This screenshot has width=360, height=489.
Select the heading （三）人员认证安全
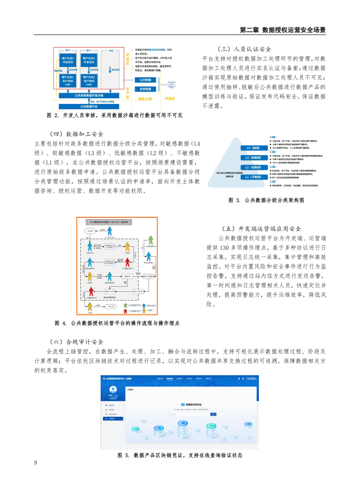pos(244,49)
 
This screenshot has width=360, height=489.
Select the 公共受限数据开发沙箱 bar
pos(89,96)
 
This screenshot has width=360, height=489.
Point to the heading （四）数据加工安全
pos(76,134)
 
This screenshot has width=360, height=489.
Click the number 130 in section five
pos(224,248)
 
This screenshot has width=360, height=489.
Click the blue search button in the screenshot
pos(214,414)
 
